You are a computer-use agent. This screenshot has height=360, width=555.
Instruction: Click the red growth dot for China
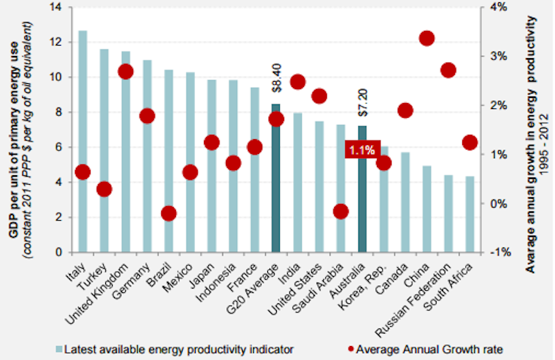(427, 38)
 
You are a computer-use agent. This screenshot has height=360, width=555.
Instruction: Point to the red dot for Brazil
(169, 213)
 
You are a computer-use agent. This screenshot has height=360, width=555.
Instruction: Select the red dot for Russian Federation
(448, 71)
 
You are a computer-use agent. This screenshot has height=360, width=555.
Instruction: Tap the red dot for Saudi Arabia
(341, 211)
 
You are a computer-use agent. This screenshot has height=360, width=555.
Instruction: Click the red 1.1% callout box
(361, 149)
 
